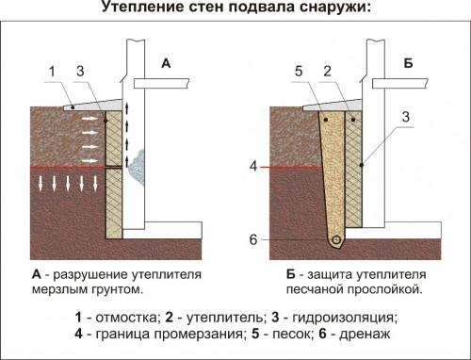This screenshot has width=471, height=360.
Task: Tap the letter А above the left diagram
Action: click(166, 64)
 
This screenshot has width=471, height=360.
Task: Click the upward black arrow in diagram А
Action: click(126, 122)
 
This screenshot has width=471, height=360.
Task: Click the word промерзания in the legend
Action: click(203, 335)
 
